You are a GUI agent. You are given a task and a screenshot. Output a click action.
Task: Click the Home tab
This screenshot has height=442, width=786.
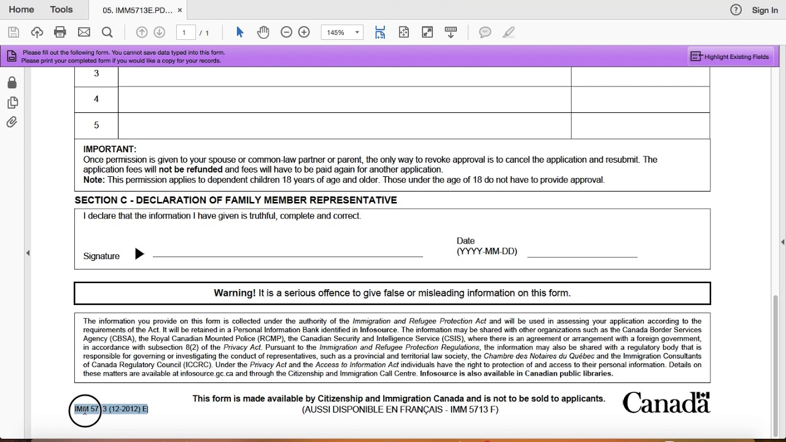[21, 10]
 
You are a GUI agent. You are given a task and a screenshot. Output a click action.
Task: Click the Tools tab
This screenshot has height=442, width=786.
[61, 10]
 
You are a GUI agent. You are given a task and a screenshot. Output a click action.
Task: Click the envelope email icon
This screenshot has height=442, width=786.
[84, 33]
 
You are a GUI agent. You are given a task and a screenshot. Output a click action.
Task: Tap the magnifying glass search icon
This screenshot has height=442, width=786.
[107, 33]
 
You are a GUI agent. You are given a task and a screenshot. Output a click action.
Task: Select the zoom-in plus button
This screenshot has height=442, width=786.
[304, 33]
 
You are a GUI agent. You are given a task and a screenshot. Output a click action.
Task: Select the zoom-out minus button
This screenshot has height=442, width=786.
[286, 33]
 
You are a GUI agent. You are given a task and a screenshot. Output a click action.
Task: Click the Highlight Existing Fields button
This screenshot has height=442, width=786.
[730, 56]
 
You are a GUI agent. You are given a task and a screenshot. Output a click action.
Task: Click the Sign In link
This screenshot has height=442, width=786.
[765, 10]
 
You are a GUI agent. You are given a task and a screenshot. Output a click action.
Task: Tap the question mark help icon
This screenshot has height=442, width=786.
[736, 10]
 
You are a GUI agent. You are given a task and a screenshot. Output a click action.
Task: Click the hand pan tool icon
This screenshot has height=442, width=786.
[263, 33]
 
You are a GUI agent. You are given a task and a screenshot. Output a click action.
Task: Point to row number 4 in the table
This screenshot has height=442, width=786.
[96, 99]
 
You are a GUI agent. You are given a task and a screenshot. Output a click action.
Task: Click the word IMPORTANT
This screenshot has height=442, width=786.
[110, 149]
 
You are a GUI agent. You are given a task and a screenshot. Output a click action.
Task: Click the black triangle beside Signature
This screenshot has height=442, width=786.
[139, 254]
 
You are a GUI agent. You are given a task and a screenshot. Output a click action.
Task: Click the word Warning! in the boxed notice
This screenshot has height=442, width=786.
[235, 293]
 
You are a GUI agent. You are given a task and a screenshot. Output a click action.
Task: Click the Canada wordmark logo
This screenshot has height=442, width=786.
[666, 403]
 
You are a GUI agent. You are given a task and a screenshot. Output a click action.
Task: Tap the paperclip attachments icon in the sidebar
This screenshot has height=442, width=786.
[12, 122]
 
